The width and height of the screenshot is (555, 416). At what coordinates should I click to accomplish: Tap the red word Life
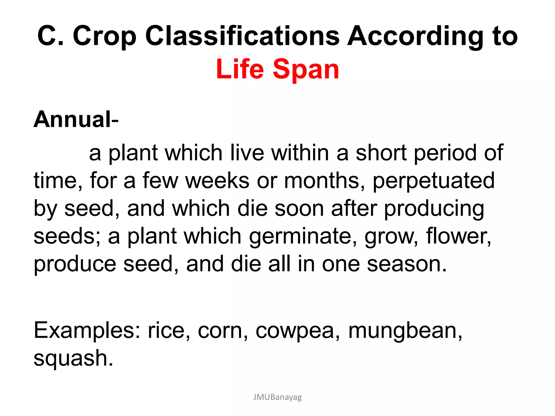[240, 69]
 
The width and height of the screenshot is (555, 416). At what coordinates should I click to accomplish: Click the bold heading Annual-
[76, 119]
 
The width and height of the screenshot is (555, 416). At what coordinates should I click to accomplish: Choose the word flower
[458, 236]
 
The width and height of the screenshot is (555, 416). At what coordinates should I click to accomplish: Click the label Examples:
[87, 331]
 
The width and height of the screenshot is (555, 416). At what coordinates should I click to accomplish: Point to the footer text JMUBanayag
[277, 397]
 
